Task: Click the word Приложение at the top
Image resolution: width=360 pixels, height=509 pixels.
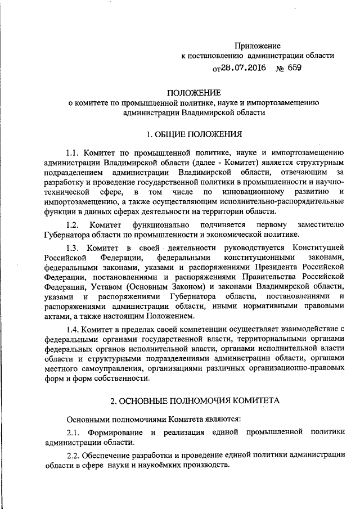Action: coord(257,45)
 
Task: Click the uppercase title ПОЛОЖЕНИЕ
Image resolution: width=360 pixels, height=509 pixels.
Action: coord(194,92)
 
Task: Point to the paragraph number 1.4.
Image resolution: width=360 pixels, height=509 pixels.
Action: coord(74,328)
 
